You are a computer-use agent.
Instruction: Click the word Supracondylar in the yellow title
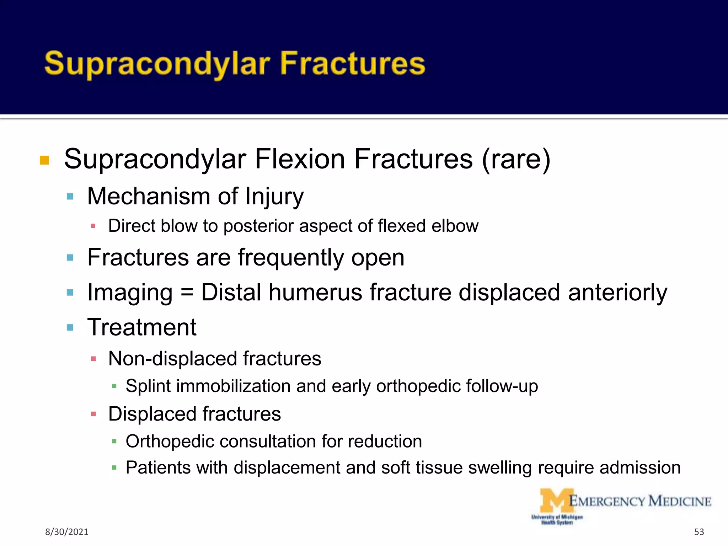tap(157, 64)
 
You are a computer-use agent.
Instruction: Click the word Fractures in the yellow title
tap(353, 64)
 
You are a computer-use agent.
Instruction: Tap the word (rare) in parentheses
tap(516, 159)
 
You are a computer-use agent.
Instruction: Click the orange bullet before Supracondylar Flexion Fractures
tap(44, 160)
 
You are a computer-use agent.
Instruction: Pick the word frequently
tap(291, 258)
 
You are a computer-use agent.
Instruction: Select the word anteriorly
tap(617, 293)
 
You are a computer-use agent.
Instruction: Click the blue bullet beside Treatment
tap(70, 327)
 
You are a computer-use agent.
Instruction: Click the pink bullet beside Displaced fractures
tap(93, 414)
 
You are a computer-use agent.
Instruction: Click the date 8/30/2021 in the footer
tap(66, 532)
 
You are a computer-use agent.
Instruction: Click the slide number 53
tap(699, 532)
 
